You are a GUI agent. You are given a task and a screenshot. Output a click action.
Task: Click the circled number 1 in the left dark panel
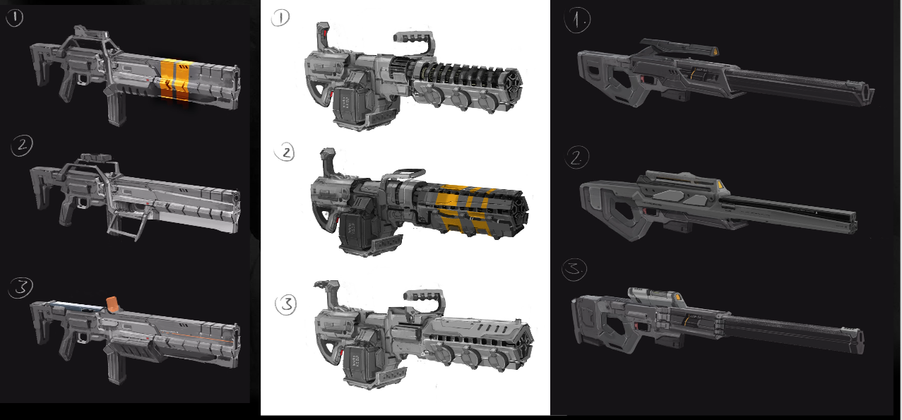(15, 18)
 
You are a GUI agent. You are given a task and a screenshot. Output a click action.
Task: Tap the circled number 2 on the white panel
(285, 152)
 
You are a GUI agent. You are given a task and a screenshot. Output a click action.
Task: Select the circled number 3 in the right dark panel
(575, 270)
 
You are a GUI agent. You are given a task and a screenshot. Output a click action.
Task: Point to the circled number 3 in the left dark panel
(20, 287)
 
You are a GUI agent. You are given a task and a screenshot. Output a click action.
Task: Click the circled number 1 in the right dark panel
(578, 20)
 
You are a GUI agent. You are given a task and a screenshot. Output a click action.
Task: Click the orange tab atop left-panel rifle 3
(112, 304)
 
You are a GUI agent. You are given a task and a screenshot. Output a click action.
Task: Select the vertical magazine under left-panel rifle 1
(117, 108)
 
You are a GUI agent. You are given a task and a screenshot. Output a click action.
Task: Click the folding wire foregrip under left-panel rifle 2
(125, 227)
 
